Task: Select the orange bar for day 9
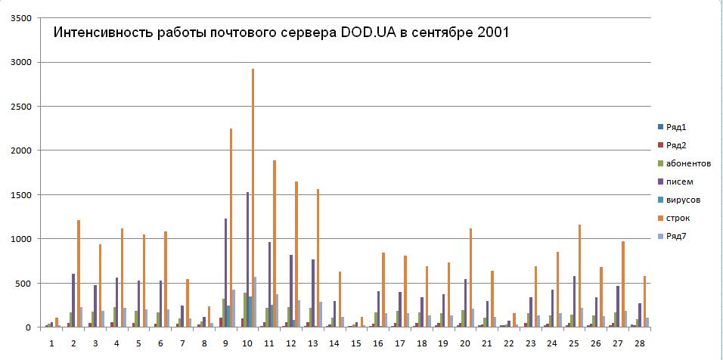[231, 228]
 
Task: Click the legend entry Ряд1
[678, 127]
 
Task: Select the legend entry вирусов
[682, 200]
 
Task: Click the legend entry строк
[678, 219]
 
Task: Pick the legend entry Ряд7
[678, 237]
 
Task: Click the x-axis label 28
[641, 344]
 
